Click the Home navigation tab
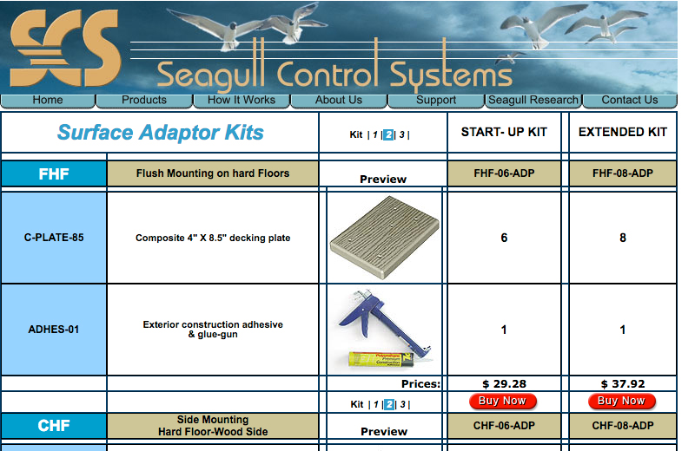(x=48, y=100)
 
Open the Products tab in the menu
(x=144, y=100)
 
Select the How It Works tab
(x=242, y=100)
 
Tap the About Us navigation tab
(x=339, y=100)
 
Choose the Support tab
(x=436, y=100)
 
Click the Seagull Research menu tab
(x=533, y=100)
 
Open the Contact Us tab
(x=630, y=100)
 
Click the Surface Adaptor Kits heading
(x=161, y=133)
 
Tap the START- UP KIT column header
(x=504, y=132)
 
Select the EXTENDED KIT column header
(x=623, y=132)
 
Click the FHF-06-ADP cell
(x=504, y=173)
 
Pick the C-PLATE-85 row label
(x=54, y=238)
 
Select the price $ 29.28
(x=504, y=383)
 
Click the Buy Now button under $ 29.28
(x=503, y=402)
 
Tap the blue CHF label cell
(x=54, y=426)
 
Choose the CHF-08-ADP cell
(x=623, y=426)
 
